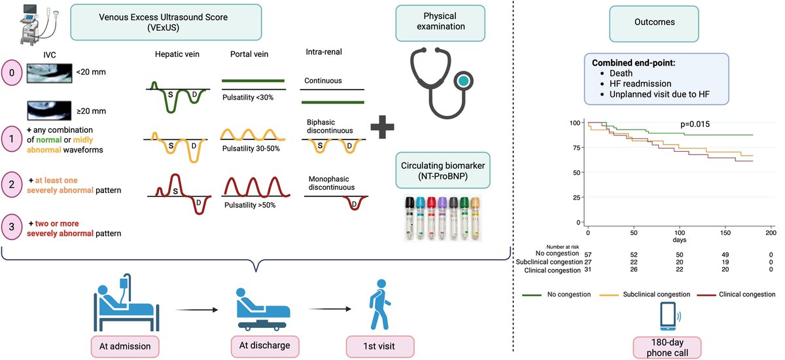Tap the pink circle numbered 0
coord(12,71)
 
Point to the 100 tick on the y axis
coord(576,123)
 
